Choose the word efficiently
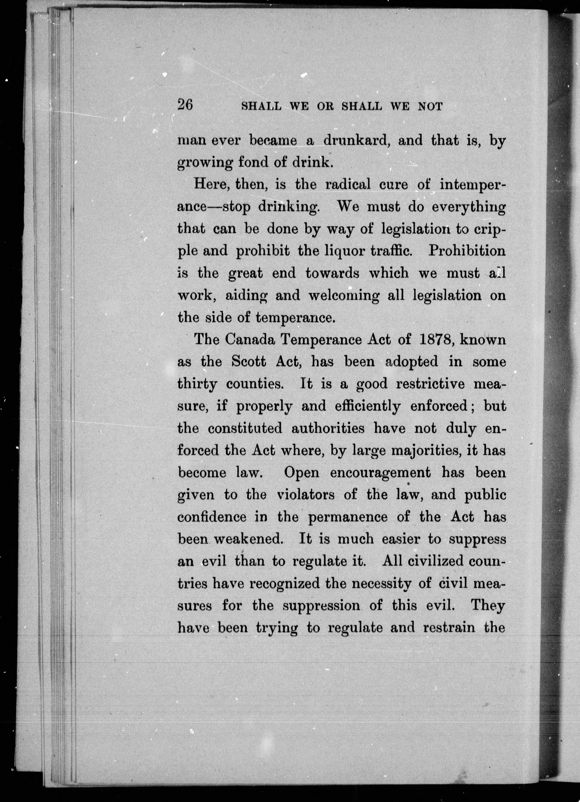point(367,407)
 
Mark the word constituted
point(245,428)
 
